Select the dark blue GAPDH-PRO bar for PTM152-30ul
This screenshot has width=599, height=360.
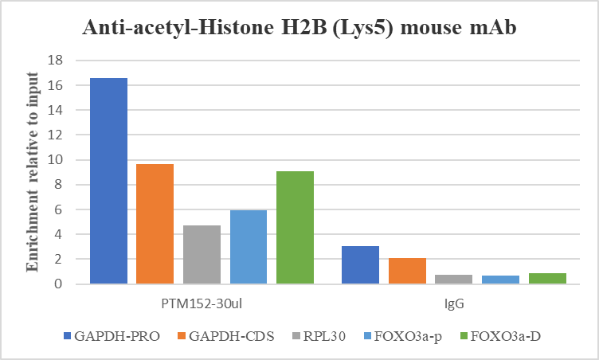(108, 181)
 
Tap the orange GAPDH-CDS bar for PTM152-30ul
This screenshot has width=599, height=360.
(155, 224)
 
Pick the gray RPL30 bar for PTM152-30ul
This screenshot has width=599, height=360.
(202, 254)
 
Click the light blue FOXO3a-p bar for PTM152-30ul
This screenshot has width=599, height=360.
(249, 247)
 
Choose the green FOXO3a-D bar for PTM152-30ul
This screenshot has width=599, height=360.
(295, 227)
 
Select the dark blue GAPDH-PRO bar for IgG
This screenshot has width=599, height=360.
(360, 265)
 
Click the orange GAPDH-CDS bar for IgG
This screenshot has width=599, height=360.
(407, 271)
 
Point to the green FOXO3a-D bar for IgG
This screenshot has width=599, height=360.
(547, 278)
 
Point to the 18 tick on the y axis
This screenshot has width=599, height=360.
(57, 61)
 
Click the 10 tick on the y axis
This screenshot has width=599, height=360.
(57, 160)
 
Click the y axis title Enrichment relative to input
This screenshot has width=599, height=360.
(33, 171)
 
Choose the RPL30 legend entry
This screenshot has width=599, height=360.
(321, 336)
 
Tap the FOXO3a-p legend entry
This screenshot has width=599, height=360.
(403, 336)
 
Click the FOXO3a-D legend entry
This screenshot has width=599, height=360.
(499, 336)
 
